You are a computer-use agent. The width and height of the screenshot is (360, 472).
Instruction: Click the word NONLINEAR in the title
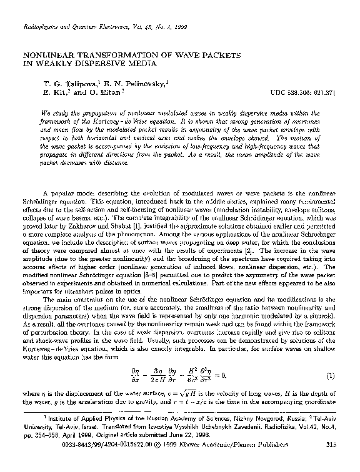pos(48,54)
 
